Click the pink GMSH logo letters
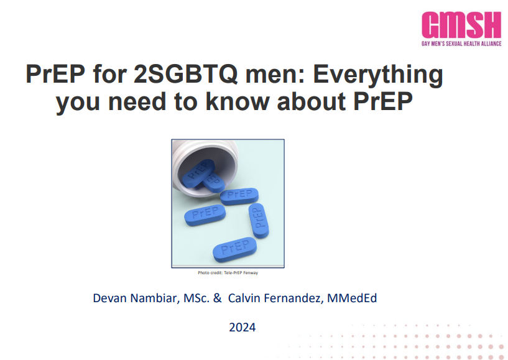point(461,25)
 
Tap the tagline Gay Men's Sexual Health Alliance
point(461,44)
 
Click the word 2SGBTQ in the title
point(185,74)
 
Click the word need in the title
point(137,101)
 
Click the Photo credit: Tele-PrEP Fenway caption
point(228,273)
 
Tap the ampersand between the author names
point(217,298)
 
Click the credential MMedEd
point(352,298)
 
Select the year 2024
point(242,327)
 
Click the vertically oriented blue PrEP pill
point(259,220)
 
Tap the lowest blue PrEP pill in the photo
point(234,249)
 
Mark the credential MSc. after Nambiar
point(196,298)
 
